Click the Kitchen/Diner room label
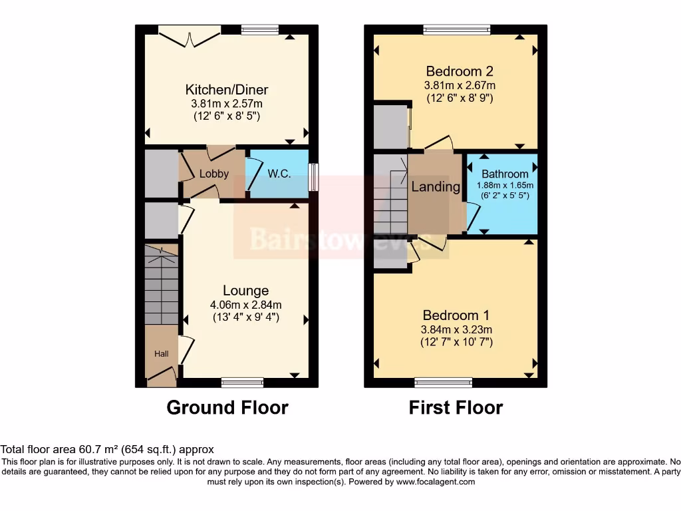tap(226, 90)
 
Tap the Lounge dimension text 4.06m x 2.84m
tap(246, 305)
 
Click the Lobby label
tap(214, 174)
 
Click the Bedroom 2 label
tap(460, 72)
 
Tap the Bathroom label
tap(505, 174)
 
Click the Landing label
tap(436, 187)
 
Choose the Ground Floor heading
tap(227, 407)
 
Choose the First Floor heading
tap(456, 407)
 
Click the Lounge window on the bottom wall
tap(242, 383)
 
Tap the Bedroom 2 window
tap(457, 29)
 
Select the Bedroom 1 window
tap(443, 383)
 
